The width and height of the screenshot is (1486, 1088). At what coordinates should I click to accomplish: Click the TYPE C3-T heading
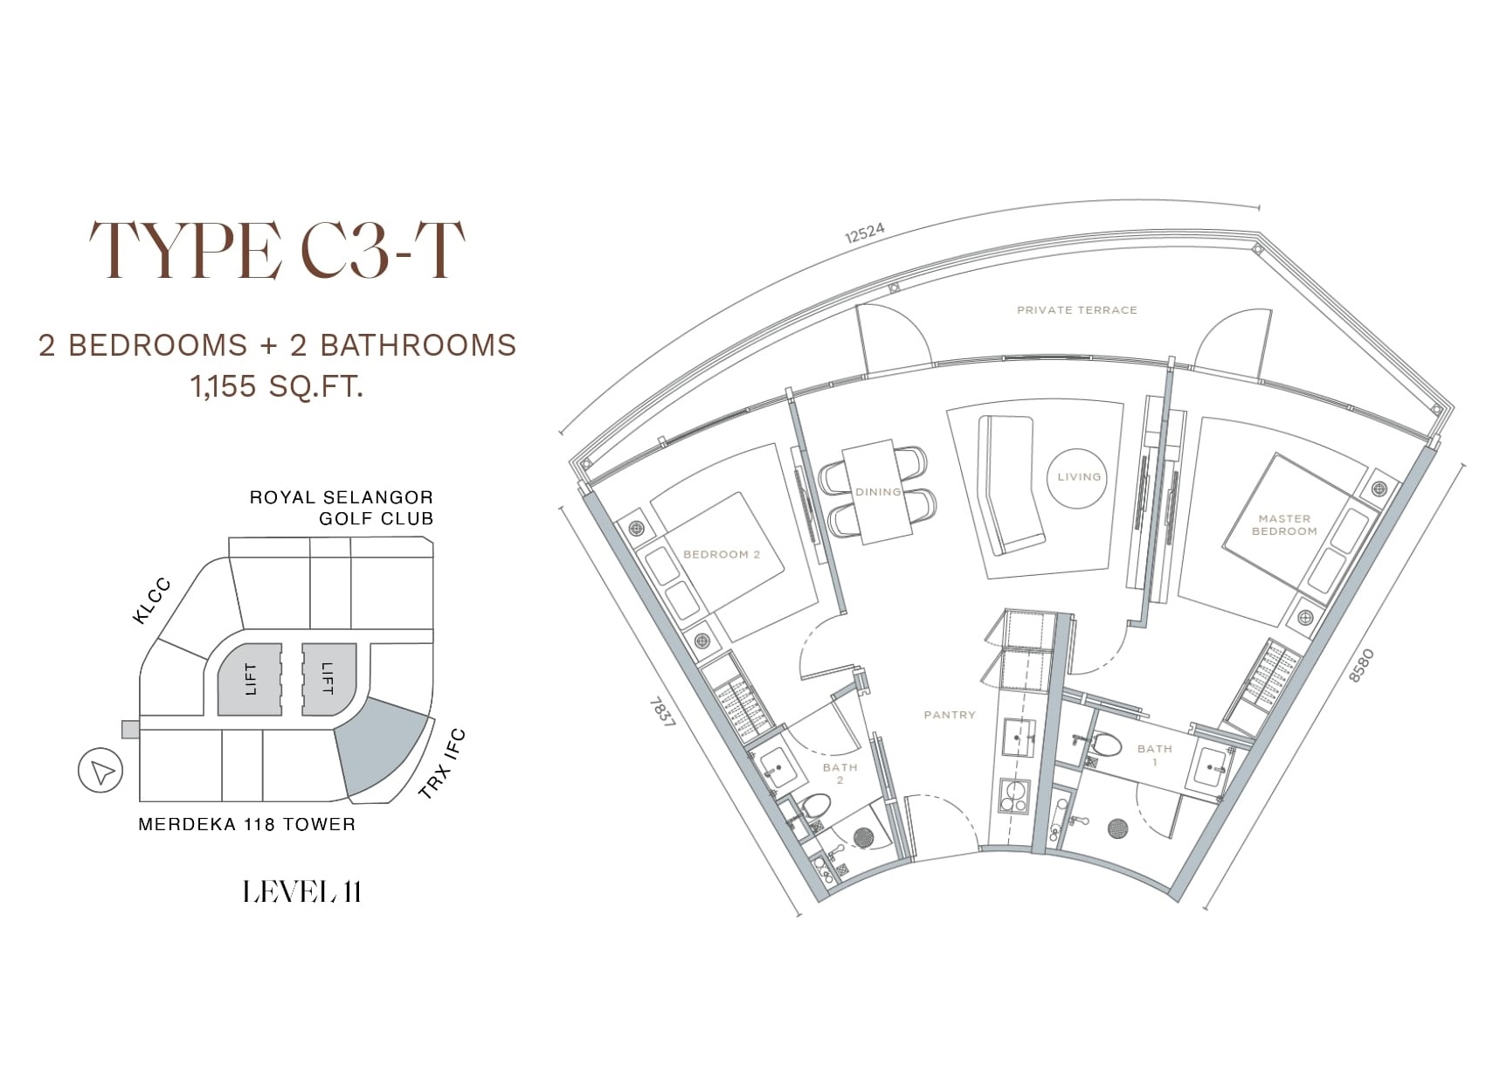tap(277, 251)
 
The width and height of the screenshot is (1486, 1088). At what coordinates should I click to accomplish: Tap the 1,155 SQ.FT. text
tap(277, 386)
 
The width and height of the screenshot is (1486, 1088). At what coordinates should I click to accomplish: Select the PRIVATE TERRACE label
tap(1076, 310)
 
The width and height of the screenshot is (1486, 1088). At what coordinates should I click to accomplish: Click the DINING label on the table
tap(878, 492)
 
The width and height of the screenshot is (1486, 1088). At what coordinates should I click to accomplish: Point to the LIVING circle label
tap(1079, 476)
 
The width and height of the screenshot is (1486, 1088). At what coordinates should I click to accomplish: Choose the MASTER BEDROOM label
tap(1284, 524)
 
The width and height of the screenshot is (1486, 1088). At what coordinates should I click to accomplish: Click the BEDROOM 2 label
tap(721, 554)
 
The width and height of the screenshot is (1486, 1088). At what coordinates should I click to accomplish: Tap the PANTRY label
tap(950, 715)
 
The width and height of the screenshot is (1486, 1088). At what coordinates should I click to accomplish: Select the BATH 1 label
tap(1154, 755)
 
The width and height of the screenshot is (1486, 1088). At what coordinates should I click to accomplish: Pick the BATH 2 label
tap(840, 773)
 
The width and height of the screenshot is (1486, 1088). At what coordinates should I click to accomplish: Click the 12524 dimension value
tap(864, 232)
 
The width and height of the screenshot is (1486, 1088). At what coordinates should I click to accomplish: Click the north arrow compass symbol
tap(100, 770)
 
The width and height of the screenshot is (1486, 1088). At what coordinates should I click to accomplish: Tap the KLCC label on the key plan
tap(152, 602)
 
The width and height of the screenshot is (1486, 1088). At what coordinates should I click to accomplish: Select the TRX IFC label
tap(443, 764)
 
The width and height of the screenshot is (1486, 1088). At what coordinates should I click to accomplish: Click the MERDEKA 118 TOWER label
tap(246, 824)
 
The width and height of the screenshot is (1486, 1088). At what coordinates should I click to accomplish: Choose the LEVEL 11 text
tap(302, 891)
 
